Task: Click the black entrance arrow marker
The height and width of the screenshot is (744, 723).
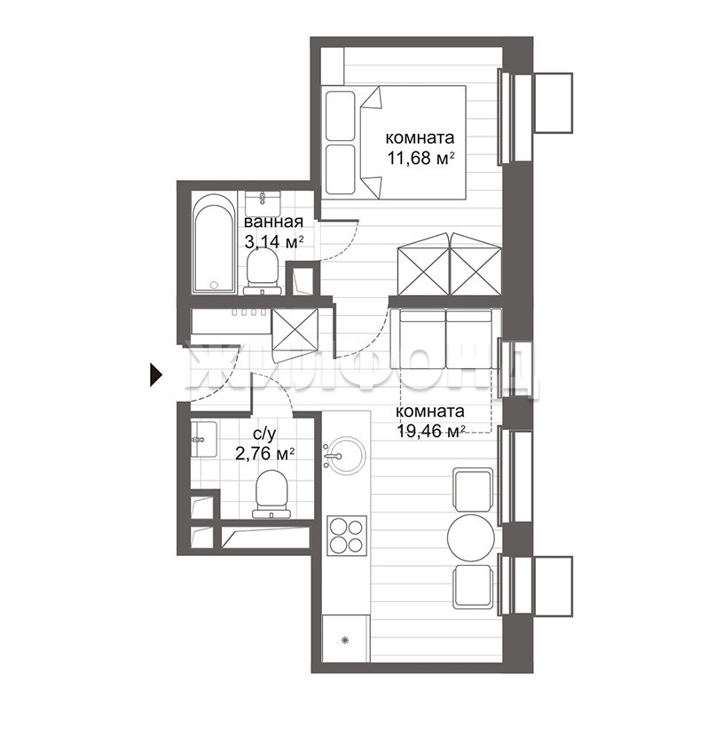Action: point(156,375)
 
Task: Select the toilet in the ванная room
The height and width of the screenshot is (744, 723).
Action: point(263,272)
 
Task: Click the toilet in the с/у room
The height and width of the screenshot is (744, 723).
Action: point(271,494)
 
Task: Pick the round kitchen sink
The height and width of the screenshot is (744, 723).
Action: point(347,456)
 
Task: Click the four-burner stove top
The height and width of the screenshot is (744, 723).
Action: point(347,536)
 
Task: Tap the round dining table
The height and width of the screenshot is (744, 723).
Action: point(471,537)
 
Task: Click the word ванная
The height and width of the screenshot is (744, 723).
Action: point(273,222)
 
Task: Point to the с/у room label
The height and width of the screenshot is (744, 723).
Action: point(264,434)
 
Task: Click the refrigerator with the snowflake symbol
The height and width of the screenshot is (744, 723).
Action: point(346,638)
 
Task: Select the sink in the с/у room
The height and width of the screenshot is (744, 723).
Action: point(204,439)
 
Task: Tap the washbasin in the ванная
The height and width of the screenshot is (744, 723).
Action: point(263,204)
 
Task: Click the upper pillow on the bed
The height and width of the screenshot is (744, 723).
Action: point(341,116)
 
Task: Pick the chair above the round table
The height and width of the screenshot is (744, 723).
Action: point(473,489)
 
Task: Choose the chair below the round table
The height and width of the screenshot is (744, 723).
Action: point(473,586)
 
